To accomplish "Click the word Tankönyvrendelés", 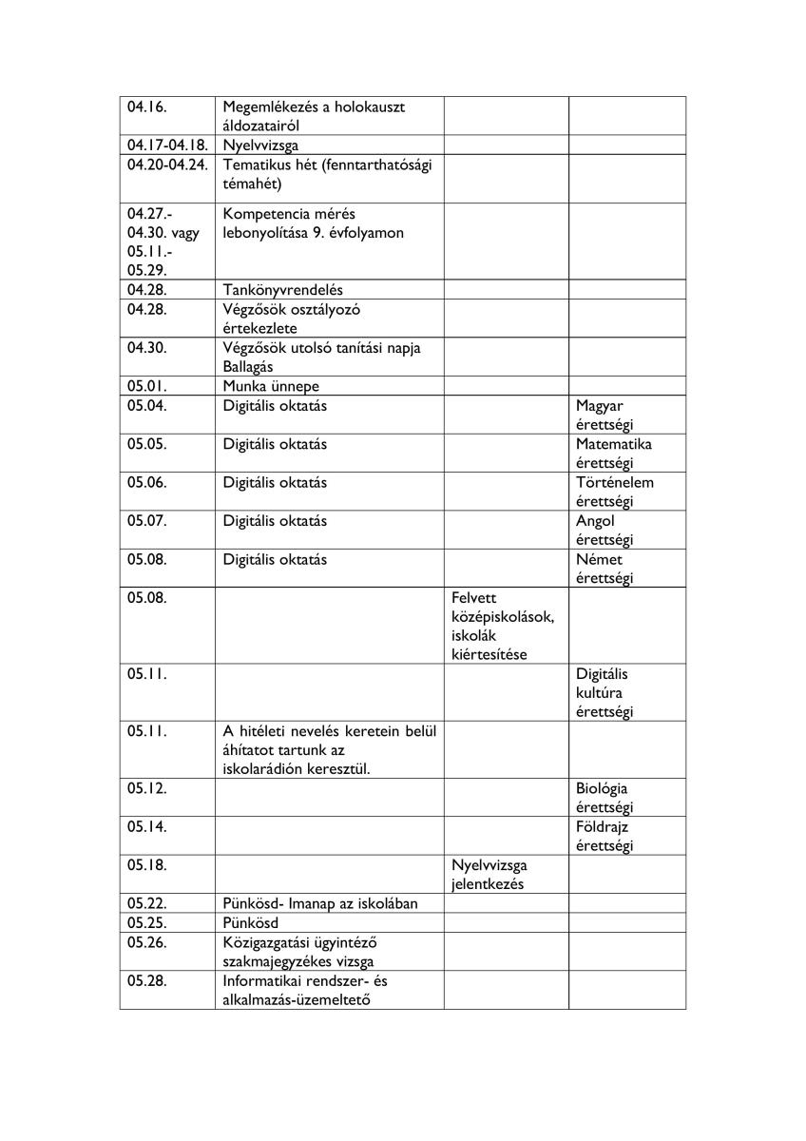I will coord(283,290).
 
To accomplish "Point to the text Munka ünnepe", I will coord(271,387).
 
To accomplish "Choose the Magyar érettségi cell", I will coord(604,416).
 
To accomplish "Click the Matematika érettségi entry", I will coord(614,454).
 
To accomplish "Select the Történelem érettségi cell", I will coord(615,492).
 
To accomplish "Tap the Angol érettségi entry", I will coord(604,530).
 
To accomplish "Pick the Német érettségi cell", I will coord(604,569).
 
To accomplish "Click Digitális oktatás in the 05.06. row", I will coord(275,483).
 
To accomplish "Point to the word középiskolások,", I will coord(504,617).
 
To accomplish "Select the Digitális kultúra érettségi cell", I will coord(604,693).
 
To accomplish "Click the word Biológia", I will coord(602,788).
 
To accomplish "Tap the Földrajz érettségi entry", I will coord(604,836).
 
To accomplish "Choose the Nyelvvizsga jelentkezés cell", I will coord(490,875).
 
